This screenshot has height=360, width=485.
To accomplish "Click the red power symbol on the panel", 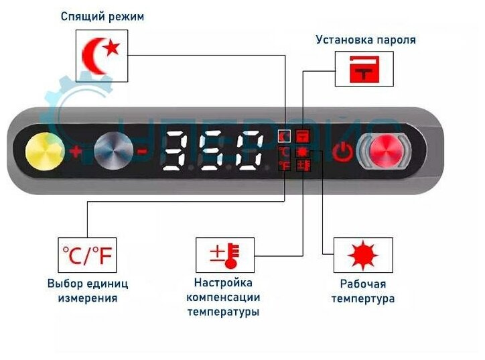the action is click(x=342, y=152).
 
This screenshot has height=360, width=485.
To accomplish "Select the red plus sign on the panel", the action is click(x=75, y=152).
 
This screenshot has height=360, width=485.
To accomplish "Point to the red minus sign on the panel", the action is click(x=142, y=152).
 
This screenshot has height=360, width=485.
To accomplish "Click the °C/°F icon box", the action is click(x=87, y=255).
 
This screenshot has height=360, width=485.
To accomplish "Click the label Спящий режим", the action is click(x=103, y=16).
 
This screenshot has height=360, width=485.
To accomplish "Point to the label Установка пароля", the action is click(x=366, y=40).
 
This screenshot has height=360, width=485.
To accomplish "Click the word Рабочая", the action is click(x=362, y=284).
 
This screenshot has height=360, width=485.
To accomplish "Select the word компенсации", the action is click(x=223, y=298).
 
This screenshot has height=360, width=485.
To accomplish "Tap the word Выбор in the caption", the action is click(x=64, y=284).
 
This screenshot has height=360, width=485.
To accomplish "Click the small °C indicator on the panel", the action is click(x=285, y=152).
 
